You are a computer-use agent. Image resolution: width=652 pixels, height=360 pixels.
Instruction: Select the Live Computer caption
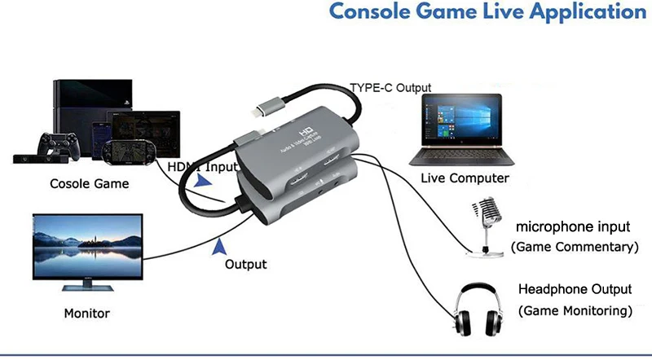pos(465,178)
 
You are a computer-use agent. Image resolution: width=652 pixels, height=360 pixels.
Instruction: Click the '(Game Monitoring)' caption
pos(575,310)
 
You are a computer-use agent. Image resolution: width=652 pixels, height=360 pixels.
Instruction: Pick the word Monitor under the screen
pos(86,313)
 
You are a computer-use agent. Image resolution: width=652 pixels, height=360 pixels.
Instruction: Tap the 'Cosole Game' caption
pos(90,183)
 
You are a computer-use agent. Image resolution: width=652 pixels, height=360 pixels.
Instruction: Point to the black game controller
pos(59,146)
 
